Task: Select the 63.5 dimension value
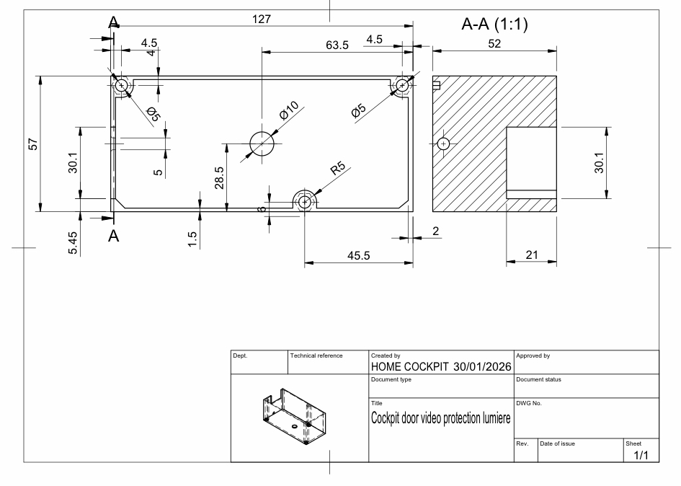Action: pos(337,45)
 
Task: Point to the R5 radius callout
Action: pos(338,169)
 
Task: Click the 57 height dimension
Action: pos(33,144)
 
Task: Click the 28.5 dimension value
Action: pos(219,177)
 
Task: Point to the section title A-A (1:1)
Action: pos(494,25)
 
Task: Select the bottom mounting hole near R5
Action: pos(305,201)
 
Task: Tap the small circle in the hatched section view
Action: pos(443,143)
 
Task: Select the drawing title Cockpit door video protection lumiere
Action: pos(440,418)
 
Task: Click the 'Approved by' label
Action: pos(534,355)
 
